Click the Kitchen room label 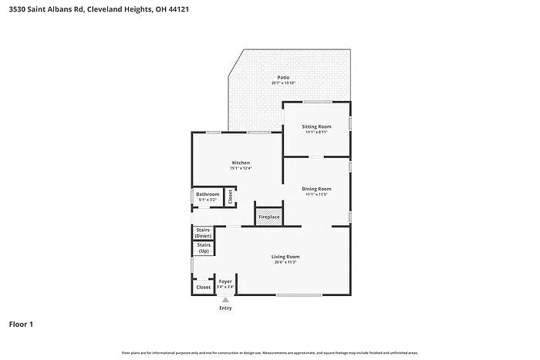click(241, 163)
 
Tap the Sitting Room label click(316, 126)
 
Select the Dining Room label click(316, 189)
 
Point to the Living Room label click(285, 256)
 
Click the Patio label click(283, 78)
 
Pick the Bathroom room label click(207, 194)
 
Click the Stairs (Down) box click(204, 233)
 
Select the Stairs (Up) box click(204, 248)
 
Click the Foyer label click(225, 281)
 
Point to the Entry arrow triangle click(225, 301)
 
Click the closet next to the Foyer click(203, 287)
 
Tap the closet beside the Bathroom click(230, 197)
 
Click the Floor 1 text click(21, 325)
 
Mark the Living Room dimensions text click(285, 262)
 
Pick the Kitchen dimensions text click(241, 168)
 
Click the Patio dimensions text click(283, 83)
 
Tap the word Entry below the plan click(225, 308)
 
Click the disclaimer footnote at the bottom click(269, 352)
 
